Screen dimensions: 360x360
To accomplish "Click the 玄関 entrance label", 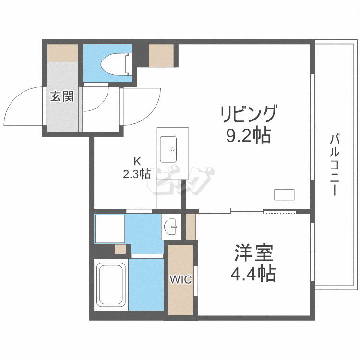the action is [x=62, y=96].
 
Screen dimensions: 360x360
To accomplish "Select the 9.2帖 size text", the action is [x=249, y=135].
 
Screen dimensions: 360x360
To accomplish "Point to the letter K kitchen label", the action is [x=137, y=161].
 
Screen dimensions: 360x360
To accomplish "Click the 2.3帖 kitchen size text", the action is [x=137, y=174].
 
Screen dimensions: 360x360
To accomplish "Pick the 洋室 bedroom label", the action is [x=253, y=253].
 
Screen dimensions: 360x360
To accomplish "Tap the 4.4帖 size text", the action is [x=253, y=274].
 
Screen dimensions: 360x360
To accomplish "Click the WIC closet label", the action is [x=180, y=279].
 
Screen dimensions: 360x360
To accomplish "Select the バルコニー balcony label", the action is [x=335, y=165].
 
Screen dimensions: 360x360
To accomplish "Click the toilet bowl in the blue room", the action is [x=114, y=64].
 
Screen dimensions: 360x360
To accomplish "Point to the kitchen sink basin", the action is [x=168, y=149].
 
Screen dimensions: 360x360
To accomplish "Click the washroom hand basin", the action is [x=170, y=227].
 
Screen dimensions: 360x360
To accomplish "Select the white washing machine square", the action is [x=110, y=228].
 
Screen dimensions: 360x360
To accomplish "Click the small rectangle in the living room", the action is [x=284, y=194].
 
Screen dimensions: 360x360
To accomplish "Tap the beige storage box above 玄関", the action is [x=62, y=53].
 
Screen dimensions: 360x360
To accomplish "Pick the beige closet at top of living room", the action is [x=161, y=55].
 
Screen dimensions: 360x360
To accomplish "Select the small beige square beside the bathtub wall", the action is [x=120, y=249].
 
